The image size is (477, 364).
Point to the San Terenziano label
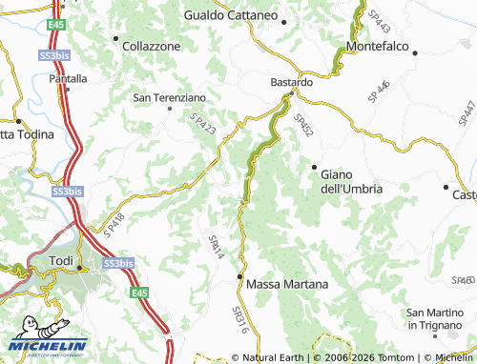(169, 97)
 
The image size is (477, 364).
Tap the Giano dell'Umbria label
(351, 181)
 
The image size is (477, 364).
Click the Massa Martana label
(287, 284)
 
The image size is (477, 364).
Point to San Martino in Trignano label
(440, 319)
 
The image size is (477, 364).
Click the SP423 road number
(202, 131)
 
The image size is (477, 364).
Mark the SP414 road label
(216, 248)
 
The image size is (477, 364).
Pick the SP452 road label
(303, 129)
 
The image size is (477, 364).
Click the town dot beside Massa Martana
(239, 277)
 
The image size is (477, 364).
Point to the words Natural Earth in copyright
(273, 357)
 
